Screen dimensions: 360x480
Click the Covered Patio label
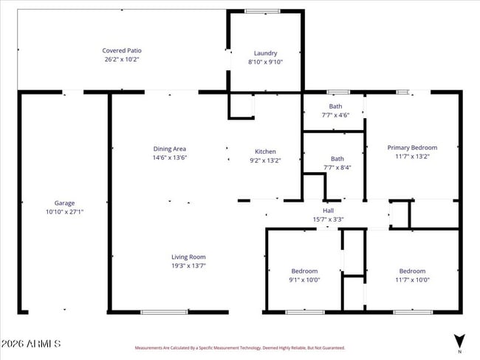120,50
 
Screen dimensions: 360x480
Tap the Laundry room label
265,53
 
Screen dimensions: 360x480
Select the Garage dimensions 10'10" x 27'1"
64,211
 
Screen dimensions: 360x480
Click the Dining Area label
169,149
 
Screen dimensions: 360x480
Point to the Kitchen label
265,152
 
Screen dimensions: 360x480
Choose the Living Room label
188,257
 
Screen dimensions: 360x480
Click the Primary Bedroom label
412,148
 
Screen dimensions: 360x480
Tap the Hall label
329,210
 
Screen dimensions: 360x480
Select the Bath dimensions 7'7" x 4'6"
335,115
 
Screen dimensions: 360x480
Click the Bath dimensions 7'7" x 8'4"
337,167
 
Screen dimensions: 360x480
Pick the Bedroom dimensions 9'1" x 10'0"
304,279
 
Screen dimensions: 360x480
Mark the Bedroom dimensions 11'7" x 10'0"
412,279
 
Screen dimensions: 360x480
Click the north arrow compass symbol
459,341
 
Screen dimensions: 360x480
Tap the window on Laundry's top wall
258,11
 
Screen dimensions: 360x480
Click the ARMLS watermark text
30,344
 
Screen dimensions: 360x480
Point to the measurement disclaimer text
239,347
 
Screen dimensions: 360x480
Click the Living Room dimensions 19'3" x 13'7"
188,265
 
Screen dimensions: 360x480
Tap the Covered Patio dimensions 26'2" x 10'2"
120,59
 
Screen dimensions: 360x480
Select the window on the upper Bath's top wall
337,92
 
